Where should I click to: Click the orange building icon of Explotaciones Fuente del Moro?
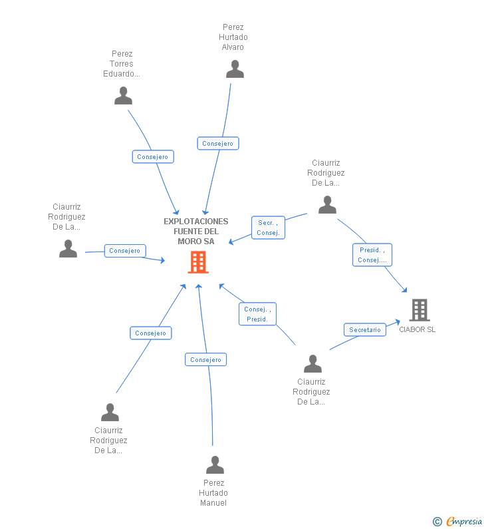pos(198,262)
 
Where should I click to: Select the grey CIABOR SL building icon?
pos(419,310)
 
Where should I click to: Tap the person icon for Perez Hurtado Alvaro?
pos(235,69)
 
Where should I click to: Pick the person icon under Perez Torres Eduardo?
pos(123,96)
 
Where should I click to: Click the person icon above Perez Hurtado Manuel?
pos(215,464)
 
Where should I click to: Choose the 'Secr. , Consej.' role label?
pos(268,228)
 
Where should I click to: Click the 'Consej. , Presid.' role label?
pos(257,314)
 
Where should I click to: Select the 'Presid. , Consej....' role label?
pos(372,255)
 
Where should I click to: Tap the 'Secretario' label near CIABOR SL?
pos(365,330)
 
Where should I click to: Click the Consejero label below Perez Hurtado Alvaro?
pos(217,143)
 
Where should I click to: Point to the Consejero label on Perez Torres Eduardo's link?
pos(153,157)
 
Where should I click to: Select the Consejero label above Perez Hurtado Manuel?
pos(205,360)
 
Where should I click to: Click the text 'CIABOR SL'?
pos(418,329)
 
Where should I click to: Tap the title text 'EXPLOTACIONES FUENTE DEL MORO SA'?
pos(196,231)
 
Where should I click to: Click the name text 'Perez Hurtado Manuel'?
pos(213,493)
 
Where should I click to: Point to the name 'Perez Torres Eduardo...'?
pos(122,64)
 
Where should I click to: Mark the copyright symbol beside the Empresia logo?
pos(437,522)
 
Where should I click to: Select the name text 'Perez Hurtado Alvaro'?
pos(233,37)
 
